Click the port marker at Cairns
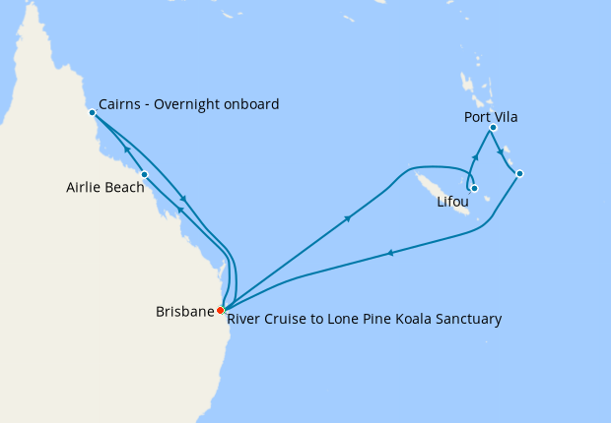92,112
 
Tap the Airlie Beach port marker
144,175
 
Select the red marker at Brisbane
220,311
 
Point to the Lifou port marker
474,188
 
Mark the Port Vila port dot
493,128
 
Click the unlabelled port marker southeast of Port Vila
519,174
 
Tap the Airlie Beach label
104,187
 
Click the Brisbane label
184,312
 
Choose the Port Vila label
491,117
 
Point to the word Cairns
120,104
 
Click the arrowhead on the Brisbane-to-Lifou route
348,220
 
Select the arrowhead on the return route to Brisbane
391,253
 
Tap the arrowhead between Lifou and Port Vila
476,157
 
